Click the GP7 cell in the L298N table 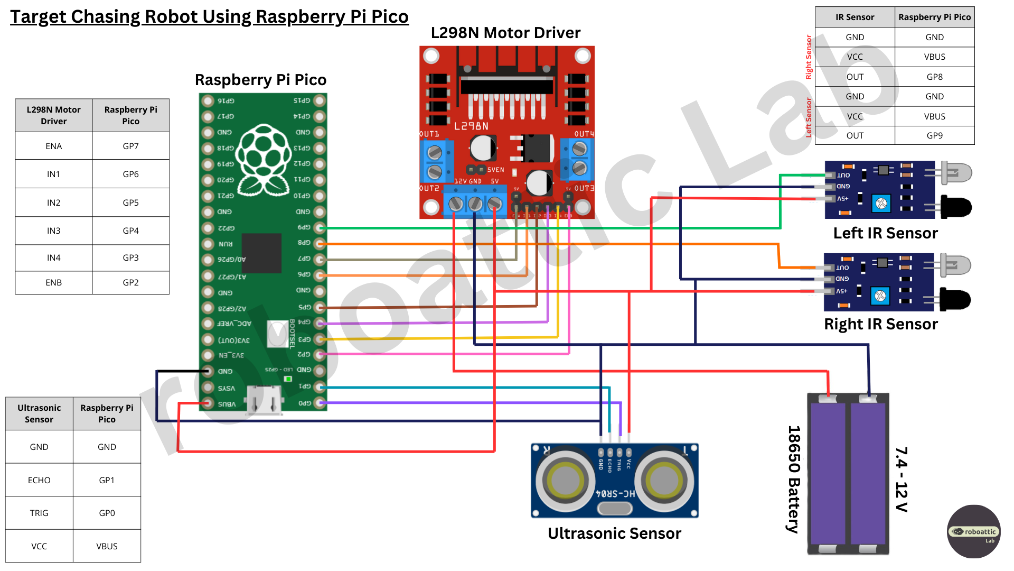tap(130, 146)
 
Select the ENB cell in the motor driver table tap(53, 282)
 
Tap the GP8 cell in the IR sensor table tap(934, 77)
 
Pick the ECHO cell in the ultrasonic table tap(39, 480)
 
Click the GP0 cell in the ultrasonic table tap(107, 513)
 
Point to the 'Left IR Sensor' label tap(885, 233)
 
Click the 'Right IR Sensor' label tap(880, 324)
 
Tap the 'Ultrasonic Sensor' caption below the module tap(614, 533)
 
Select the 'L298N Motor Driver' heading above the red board tap(505, 33)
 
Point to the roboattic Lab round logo tap(973, 531)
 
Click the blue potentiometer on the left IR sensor tap(881, 203)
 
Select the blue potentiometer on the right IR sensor tap(880, 296)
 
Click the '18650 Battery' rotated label tap(794, 479)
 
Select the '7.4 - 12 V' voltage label tap(901, 479)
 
